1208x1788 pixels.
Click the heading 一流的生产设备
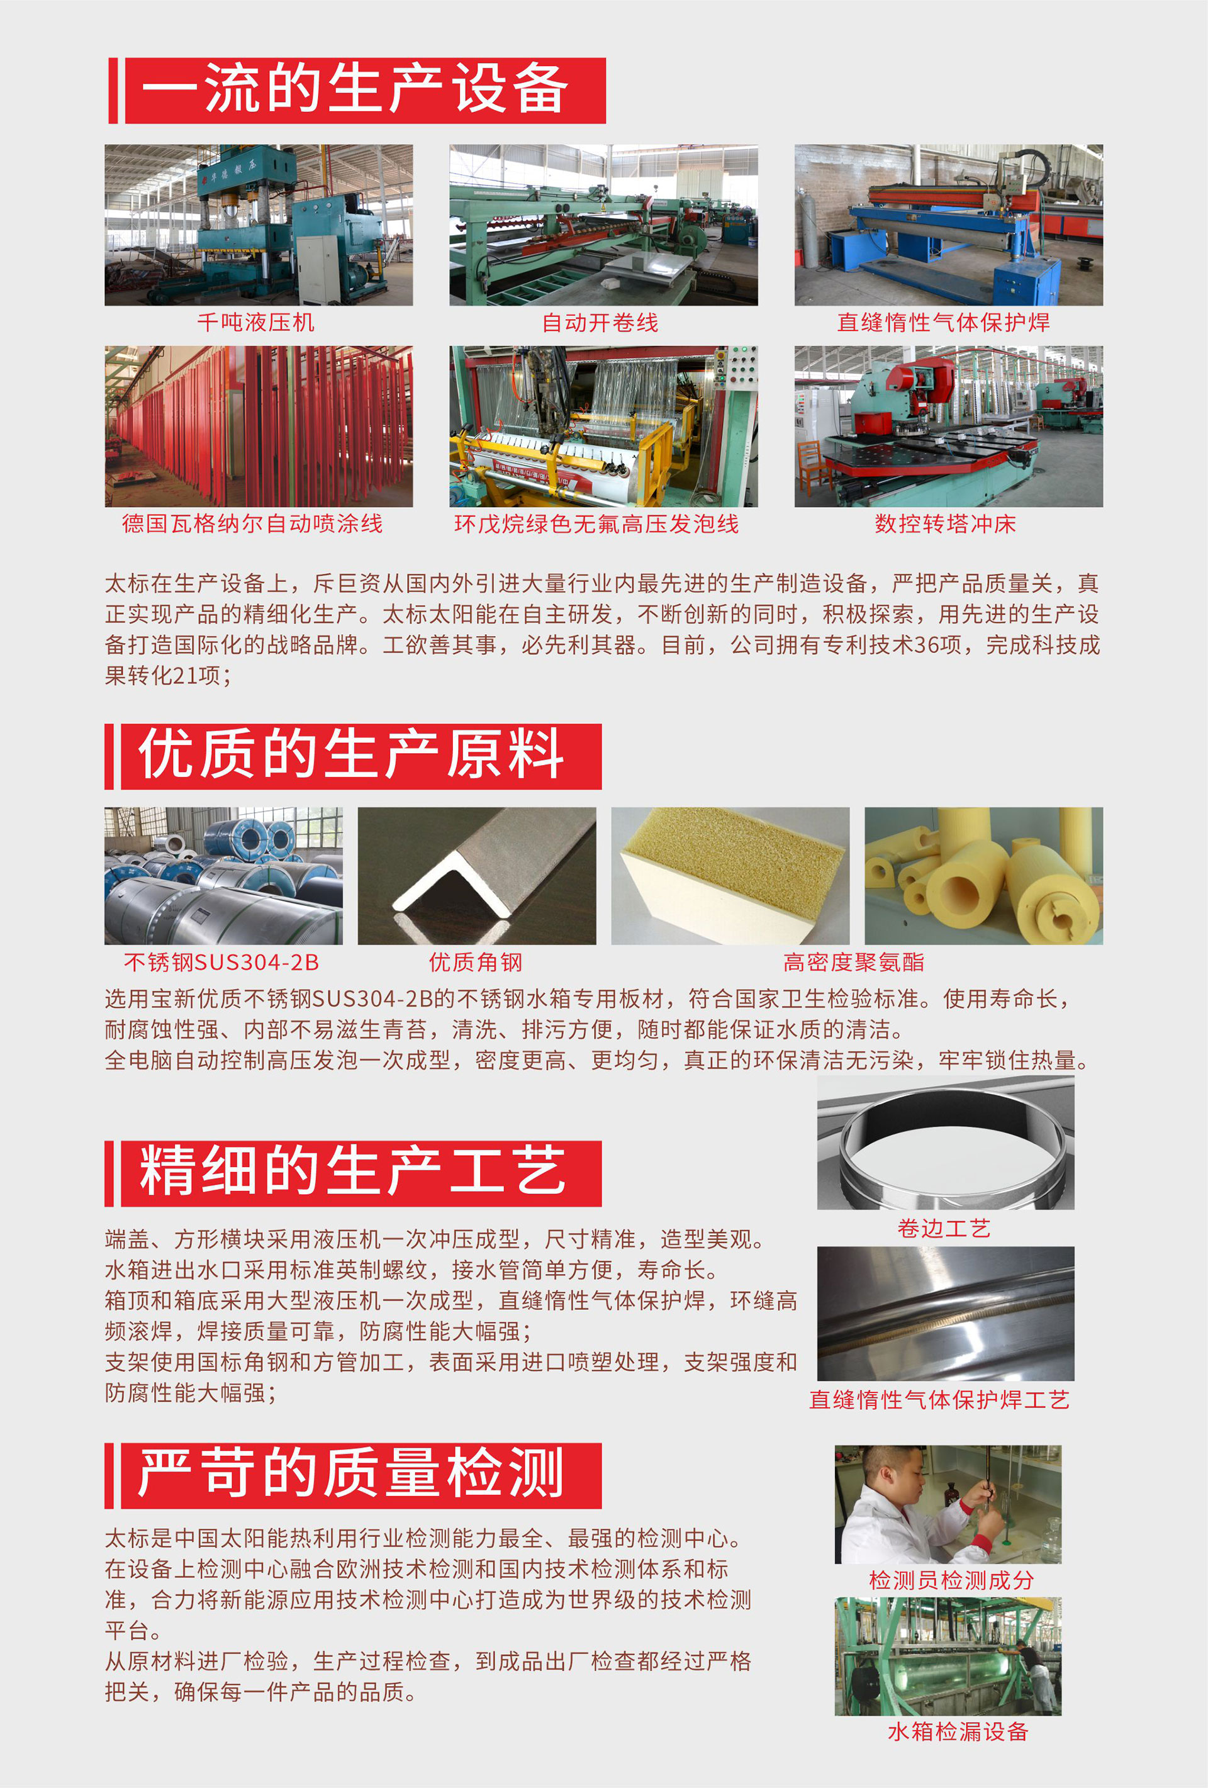(x=355, y=89)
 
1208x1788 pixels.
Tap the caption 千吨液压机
(x=256, y=322)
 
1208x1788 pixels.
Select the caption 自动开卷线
(x=601, y=322)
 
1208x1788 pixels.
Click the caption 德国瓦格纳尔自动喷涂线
(x=252, y=524)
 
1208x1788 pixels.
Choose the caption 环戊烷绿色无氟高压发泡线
(x=596, y=524)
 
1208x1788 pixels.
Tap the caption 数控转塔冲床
(x=946, y=524)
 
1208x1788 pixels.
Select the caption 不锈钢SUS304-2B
(x=221, y=963)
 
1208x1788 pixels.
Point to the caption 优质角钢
(x=476, y=963)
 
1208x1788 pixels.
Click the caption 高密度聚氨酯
(x=854, y=963)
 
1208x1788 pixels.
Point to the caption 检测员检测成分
(x=952, y=1580)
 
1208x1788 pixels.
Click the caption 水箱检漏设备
(x=958, y=1732)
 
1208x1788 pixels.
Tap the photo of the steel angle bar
(x=477, y=876)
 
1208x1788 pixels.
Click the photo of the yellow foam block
(x=730, y=876)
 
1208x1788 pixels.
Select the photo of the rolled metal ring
(x=946, y=1143)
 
